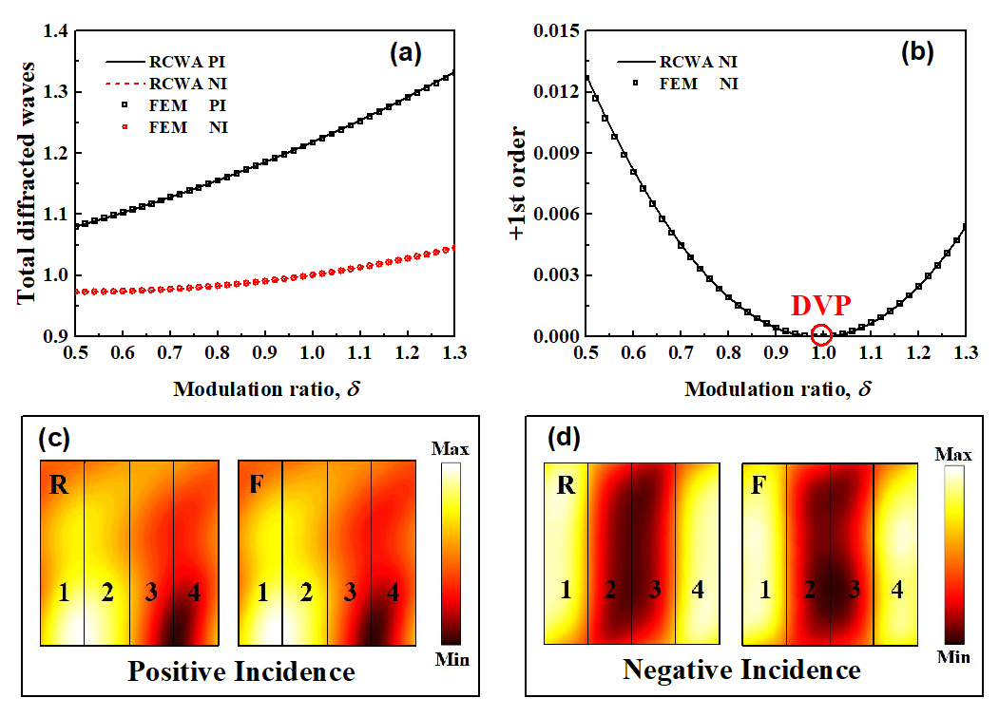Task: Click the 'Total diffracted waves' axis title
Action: pyautogui.click(x=28, y=182)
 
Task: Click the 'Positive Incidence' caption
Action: pyautogui.click(x=241, y=672)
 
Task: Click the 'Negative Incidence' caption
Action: pyautogui.click(x=741, y=670)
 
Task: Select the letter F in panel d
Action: pyautogui.click(x=759, y=488)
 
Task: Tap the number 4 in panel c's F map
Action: pyautogui.click(x=393, y=594)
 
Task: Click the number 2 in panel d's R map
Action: pyautogui.click(x=610, y=590)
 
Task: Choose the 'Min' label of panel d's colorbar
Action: pyautogui.click(x=953, y=656)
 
